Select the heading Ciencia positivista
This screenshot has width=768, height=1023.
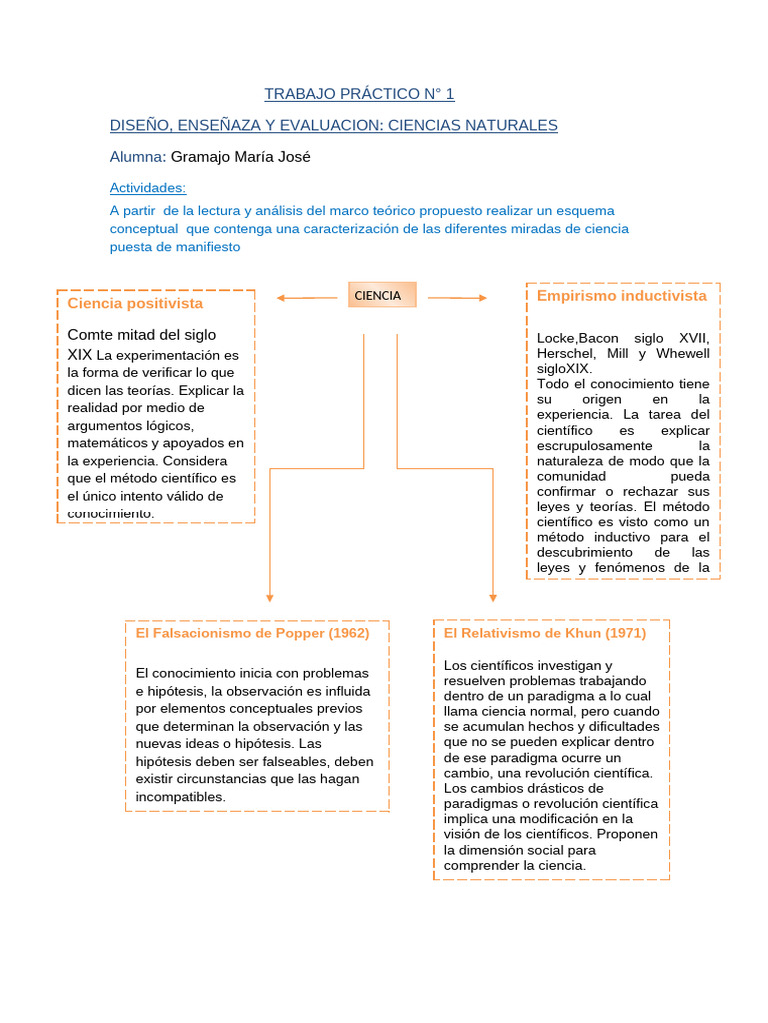click(x=135, y=303)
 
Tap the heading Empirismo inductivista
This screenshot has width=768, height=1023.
click(x=621, y=296)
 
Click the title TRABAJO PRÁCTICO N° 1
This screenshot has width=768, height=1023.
click(x=359, y=94)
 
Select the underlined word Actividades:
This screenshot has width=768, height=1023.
click(x=147, y=187)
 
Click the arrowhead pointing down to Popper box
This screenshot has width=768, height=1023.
click(x=270, y=596)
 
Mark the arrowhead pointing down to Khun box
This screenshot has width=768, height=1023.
click(x=493, y=596)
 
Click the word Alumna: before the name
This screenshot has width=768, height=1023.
click(x=138, y=156)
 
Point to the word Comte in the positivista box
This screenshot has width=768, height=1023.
click(x=90, y=334)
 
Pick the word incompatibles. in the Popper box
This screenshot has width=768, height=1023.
click(x=181, y=797)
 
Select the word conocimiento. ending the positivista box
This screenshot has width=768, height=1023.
click(x=111, y=512)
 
